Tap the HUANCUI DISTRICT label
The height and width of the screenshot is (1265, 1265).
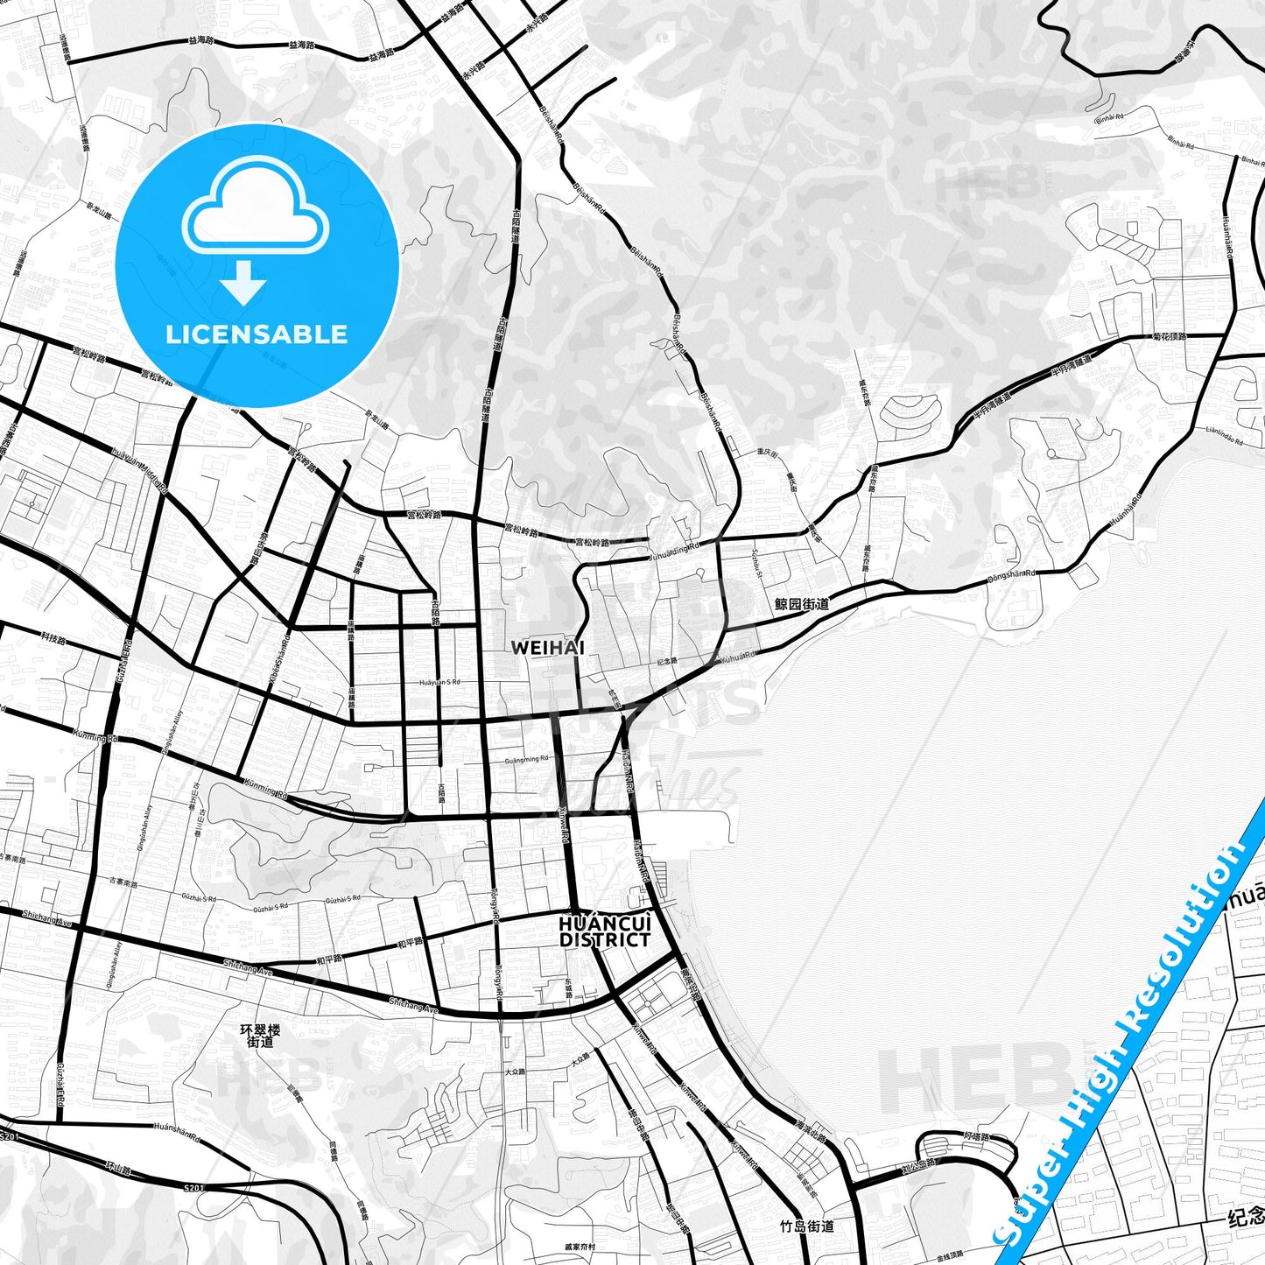click(605, 931)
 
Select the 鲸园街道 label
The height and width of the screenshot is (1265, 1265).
click(801, 604)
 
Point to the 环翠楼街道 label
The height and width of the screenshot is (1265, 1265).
click(260, 1036)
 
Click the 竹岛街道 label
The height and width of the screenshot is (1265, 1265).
click(806, 1226)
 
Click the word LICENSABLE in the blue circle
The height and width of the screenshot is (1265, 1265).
click(257, 334)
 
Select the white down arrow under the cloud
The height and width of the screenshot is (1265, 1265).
click(243, 284)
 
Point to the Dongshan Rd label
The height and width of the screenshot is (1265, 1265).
click(1011, 575)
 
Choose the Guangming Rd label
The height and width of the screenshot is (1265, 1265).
click(526, 759)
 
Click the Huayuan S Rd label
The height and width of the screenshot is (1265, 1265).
click(439, 682)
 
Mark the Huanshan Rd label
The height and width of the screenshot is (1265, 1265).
click(178, 1128)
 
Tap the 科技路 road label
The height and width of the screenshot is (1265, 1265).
click(53, 640)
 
